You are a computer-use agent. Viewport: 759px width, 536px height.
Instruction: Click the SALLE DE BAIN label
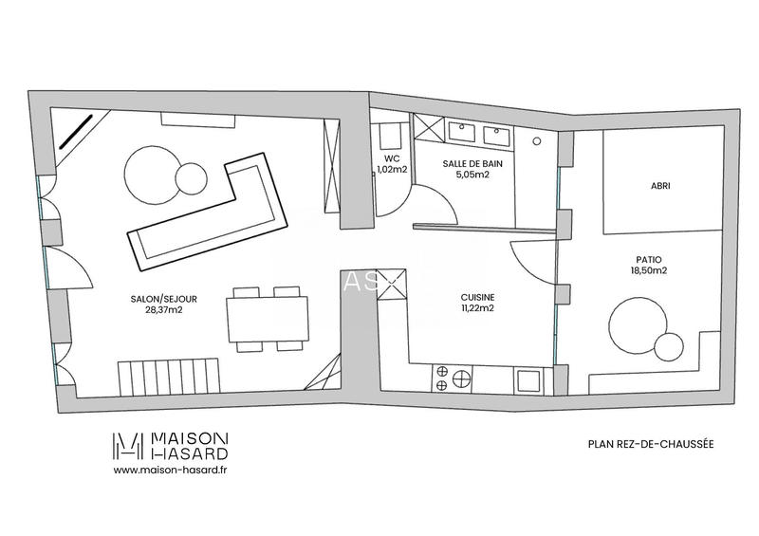click(x=466, y=163)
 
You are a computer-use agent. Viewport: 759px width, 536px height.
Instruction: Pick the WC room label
click(x=390, y=158)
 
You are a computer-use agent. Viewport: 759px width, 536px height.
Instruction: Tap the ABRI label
click(x=659, y=187)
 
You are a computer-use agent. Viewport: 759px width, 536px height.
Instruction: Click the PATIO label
click(x=650, y=258)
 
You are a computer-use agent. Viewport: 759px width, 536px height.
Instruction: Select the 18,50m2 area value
click(x=650, y=270)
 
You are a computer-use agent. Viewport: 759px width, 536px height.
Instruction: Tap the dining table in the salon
click(x=268, y=316)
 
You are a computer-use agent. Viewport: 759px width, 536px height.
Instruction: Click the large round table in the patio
click(x=637, y=325)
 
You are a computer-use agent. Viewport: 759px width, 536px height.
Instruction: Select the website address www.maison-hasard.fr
click(x=170, y=469)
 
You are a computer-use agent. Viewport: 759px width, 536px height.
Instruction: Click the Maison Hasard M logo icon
click(x=129, y=445)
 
